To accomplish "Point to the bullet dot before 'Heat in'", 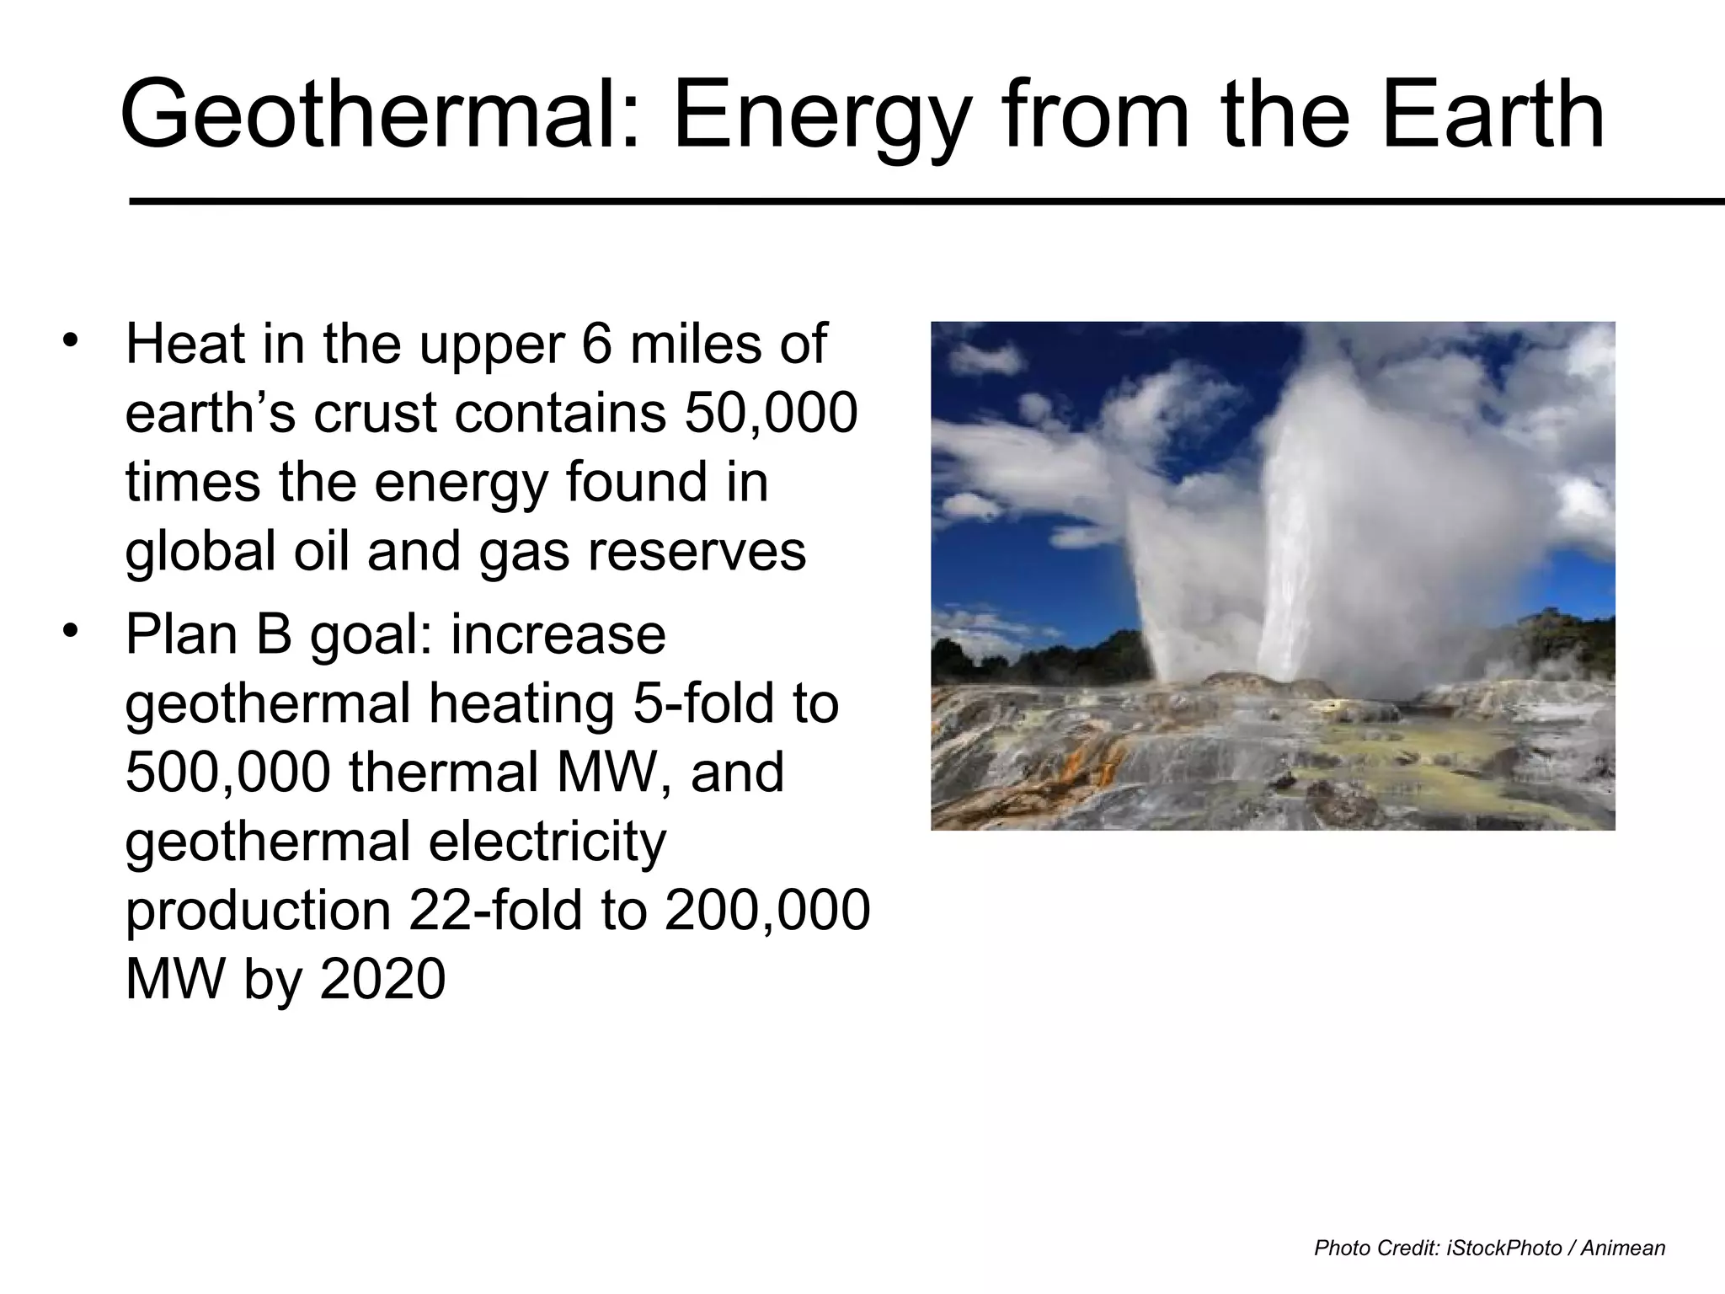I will [71, 341].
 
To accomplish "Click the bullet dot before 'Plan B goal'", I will [71, 631].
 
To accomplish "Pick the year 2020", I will [383, 979].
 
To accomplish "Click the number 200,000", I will [766, 910].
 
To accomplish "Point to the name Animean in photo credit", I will [1622, 1249].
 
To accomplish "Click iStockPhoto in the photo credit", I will [1504, 1249].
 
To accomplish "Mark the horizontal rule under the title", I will [927, 201].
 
